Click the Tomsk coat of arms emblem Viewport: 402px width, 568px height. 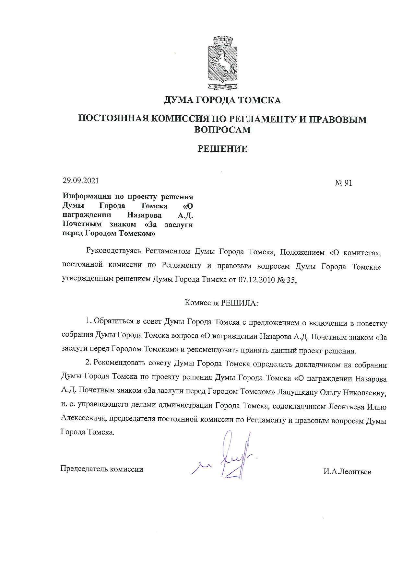coord(222,63)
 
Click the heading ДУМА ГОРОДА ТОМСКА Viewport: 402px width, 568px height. coord(222,100)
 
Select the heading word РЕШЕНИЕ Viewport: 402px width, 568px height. coord(222,149)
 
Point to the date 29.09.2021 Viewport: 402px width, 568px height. coord(81,180)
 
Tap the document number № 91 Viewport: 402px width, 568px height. coord(343,183)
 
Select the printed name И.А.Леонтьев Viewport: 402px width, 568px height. coord(347,472)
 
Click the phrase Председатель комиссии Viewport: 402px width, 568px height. coord(102,469)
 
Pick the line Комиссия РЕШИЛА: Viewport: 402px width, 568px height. coord(221,303)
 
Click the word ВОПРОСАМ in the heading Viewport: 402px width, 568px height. coord(222,130)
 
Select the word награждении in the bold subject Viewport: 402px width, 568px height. coord(87,214)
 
